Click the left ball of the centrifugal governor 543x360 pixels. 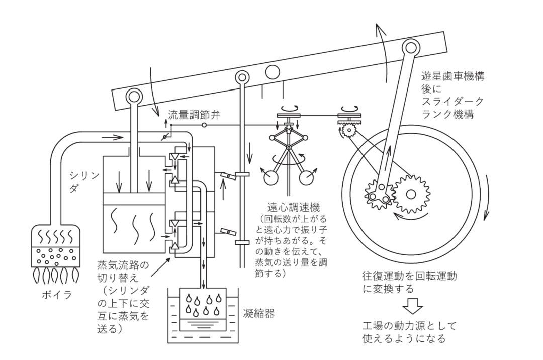point(269,179)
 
